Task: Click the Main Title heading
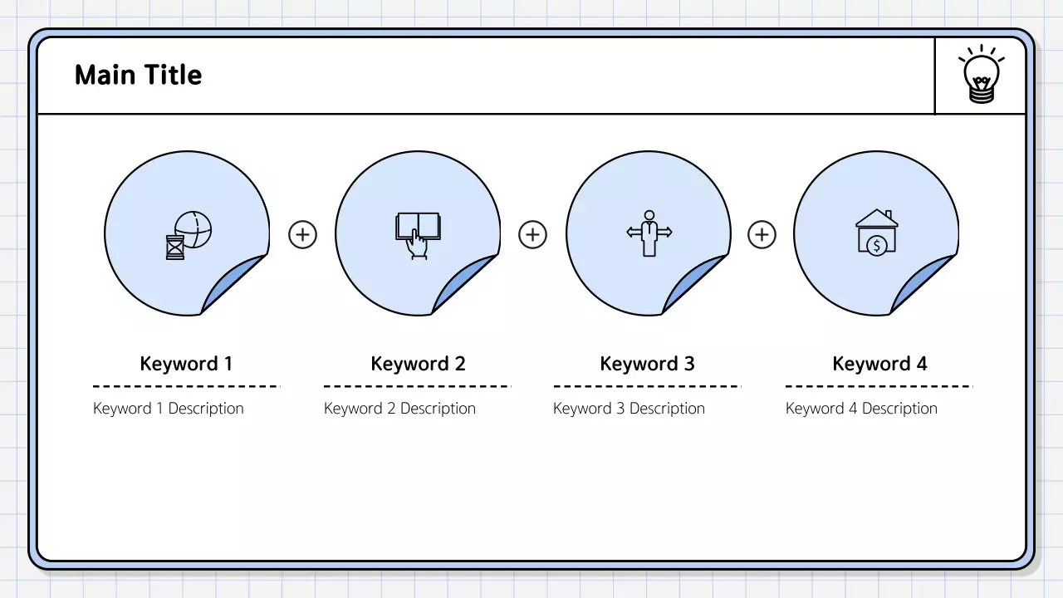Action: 138,75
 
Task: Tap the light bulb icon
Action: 981,76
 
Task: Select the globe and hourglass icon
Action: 189,234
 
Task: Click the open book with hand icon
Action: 418,235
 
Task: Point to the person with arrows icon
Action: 649,233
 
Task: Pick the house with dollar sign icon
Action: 876,232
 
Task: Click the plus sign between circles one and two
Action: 302,235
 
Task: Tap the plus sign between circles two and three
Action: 532,235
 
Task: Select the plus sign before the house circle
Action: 762,235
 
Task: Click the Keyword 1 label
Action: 186,364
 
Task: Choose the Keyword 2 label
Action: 418,364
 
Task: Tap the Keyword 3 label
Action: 647,364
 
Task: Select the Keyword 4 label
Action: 879,364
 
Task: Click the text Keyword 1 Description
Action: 169,409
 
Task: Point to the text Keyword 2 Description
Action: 399,409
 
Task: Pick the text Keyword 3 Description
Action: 629,409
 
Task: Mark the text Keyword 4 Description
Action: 861,409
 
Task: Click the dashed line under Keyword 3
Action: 647,386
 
